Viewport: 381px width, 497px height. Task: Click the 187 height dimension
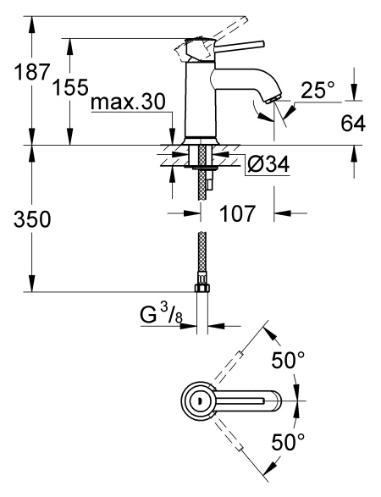pyautogui.click(x=32, y=72)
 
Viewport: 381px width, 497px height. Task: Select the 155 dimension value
pyautogui.click(x=70, y=87)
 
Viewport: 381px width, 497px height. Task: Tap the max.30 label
pyautogui.click(x=128, y=102)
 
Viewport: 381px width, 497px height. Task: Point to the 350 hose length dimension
pyautogui.click(x=32, y=219)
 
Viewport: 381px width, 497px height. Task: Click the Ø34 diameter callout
pyautogui.click(x=268, y=165)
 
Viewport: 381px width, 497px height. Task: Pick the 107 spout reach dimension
pyautogui.click(x=237, y=213)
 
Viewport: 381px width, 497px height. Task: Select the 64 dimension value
pyautogui.click(x=353, y=124)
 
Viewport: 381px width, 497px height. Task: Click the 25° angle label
pyautogui.click(x=317, y=90)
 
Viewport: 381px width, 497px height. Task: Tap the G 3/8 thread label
pyautogui.click(x=162, y=314)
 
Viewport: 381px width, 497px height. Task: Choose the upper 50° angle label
pyautogui.click(x=288, y=361)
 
